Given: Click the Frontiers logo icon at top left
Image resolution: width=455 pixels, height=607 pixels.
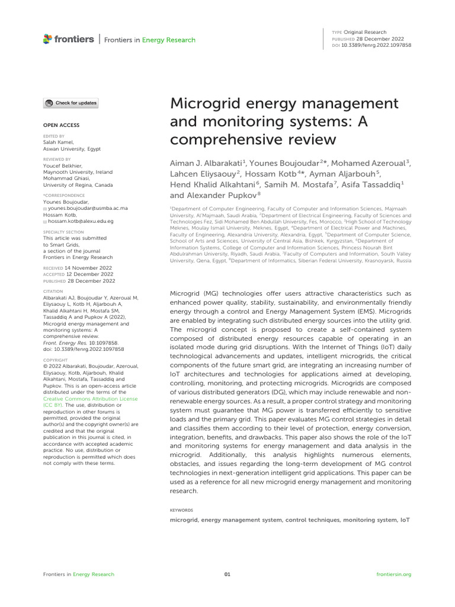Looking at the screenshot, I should pyautogui.click(x=48, y=39).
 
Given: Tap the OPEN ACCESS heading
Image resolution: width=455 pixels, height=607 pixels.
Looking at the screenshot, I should pyautogui.click(x=61, y=125).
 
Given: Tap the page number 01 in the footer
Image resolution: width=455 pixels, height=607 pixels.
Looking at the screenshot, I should pyautogui.click(x=227, y=574).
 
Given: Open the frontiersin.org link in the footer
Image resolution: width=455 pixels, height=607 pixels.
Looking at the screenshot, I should pyautogui.click(x=393, y=574).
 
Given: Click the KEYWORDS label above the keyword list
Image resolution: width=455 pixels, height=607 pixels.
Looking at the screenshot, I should pyautogui.click(x=181, y=509).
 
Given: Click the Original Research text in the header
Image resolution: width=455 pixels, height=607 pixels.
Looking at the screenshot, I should pyautogui.click(x=365, y=32).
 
